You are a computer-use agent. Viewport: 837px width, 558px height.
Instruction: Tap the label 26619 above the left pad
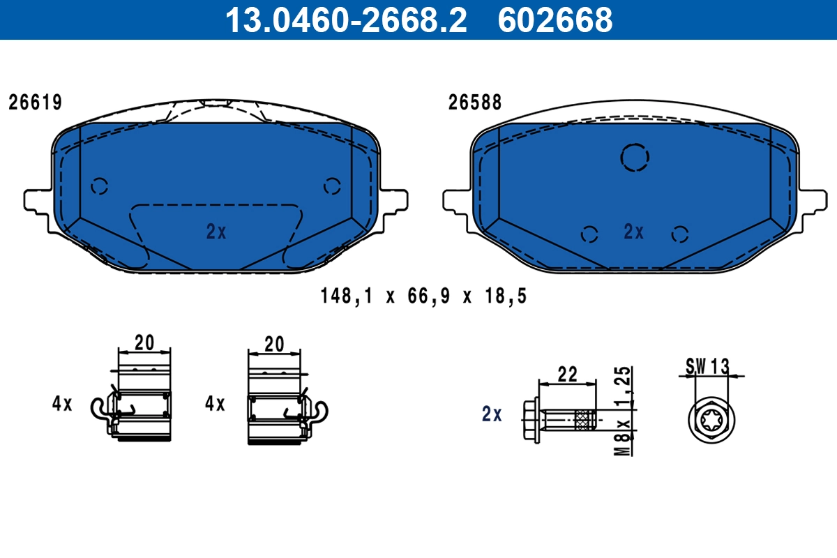point(36,103)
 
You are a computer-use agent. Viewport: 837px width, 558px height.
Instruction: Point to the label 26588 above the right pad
point(475,103)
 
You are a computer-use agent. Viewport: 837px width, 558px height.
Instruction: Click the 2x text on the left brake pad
point(216,232)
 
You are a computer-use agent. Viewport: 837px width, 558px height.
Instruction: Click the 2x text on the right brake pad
point(633,232)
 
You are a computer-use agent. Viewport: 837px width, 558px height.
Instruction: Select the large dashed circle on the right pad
point(635,157)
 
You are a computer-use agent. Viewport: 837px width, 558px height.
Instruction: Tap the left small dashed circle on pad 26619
point(100,186)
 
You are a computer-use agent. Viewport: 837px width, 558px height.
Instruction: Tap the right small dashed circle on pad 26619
point(332,186)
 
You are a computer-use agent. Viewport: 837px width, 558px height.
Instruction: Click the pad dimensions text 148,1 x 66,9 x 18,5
point(423,296)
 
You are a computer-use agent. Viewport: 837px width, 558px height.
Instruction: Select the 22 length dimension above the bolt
point(568,374)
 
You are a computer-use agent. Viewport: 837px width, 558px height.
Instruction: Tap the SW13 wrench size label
point(707,365)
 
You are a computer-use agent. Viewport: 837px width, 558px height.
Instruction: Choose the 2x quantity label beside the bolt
point(492,414)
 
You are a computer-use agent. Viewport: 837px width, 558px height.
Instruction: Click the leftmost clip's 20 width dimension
point(144,342)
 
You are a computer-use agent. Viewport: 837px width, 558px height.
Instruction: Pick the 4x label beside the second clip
point(215,403)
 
